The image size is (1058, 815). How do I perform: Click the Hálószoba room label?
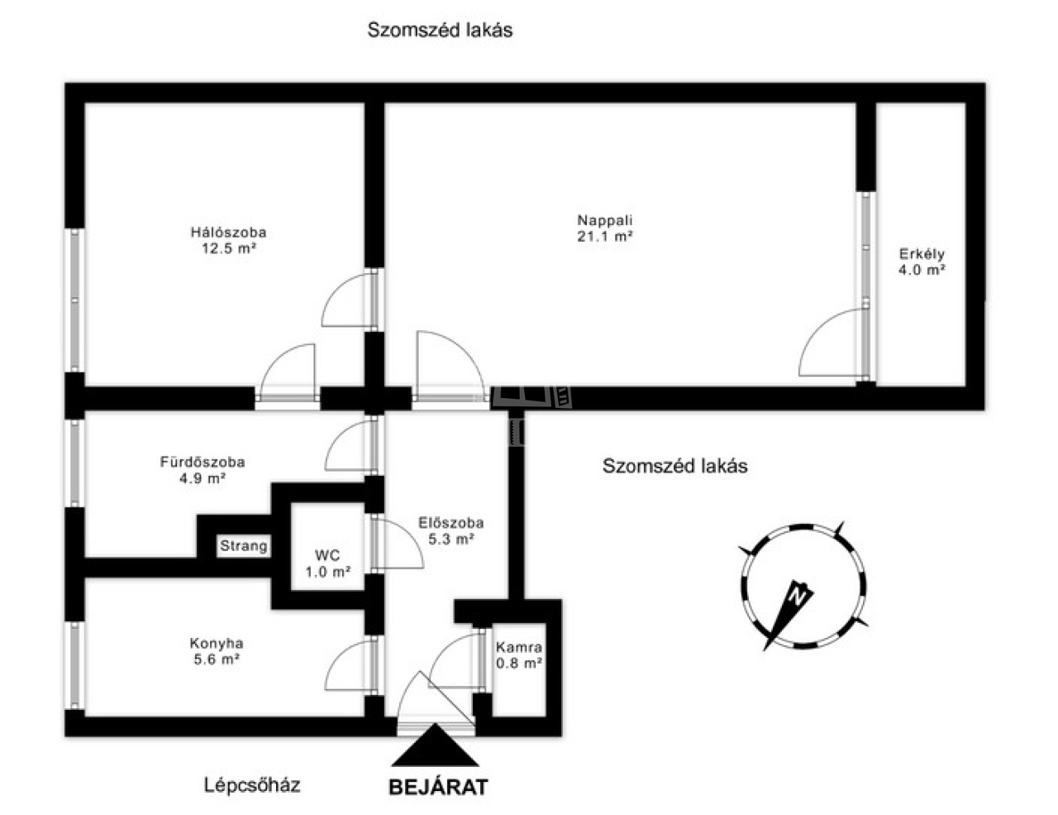click(228, 232)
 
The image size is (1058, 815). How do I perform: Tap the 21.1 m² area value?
click(605, 237)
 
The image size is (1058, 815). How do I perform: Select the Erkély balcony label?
click(922, 254)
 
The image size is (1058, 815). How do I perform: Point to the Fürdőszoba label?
click(203, 462)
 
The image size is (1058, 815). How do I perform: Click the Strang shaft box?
click(244, 545)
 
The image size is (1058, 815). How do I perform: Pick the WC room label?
click(327, 555)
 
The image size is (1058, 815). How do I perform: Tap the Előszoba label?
click(450, 523)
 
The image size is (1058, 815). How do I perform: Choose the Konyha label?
click(217, 644)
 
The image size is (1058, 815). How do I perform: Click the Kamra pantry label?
click(518, 647)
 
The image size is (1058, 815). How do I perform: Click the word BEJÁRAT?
click(438, 787)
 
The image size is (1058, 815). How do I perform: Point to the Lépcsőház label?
click(252, 785)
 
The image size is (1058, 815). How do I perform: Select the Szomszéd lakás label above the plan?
click(440, 31)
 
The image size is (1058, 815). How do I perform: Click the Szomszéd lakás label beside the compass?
click(674, 466)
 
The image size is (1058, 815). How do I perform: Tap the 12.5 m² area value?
click(229, 248)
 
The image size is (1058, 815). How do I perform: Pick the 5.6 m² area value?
click(217, 659)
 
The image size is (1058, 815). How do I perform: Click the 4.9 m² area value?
click(203, 478)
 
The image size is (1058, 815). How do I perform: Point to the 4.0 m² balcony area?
click(922, 270)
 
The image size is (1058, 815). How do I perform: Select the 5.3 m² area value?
click(450, 539)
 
